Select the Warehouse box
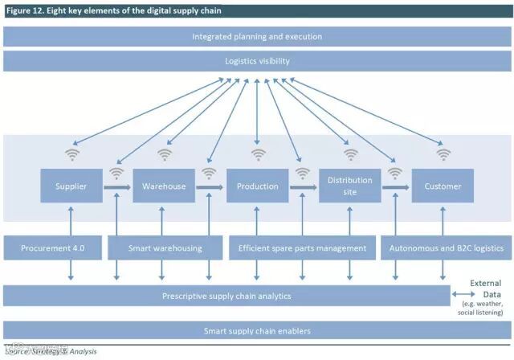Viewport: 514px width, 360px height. click(x=164, y=186)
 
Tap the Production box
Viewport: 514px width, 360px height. click(x=257, y=186)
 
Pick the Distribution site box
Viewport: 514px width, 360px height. click(x=350, y=186)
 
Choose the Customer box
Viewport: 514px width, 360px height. click(x=443, y=186)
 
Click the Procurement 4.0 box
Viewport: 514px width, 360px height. click(x=52, y=248)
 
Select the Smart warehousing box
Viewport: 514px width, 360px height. click(x=165, y=248)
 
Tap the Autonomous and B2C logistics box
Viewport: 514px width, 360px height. click(x=445, y=248)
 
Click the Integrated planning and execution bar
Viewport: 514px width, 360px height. click(x=257, y=37)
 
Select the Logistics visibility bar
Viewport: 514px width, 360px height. click(x=257, y=61)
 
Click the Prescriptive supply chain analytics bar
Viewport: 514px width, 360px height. click(x=226, y=296)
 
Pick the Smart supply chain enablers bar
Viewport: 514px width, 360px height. click(x=257, y=330)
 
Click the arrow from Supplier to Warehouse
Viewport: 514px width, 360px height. click(x=117, y=187)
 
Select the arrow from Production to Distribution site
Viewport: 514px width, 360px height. click(x=304, y=187)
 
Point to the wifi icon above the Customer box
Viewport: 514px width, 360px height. click(x=443, y=153)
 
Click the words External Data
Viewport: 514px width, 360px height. click(x=486, y=288)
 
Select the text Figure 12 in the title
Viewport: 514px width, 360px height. click(x=24, y=10)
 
